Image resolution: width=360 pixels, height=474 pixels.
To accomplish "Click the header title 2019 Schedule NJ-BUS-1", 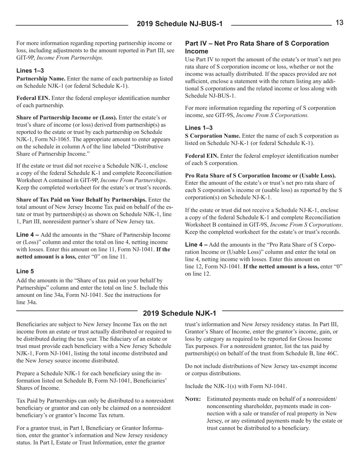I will point(180,25).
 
